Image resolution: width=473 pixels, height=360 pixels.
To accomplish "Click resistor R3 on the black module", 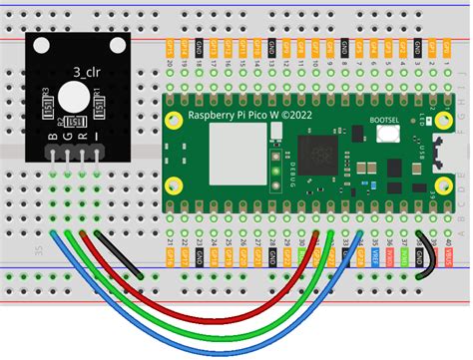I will coord(48,101).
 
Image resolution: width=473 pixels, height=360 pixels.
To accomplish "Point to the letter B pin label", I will coord(52,136).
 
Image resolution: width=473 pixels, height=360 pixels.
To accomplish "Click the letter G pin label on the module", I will coord(67,136).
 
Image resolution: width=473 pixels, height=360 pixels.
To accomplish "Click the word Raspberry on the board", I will coord(210,117).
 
